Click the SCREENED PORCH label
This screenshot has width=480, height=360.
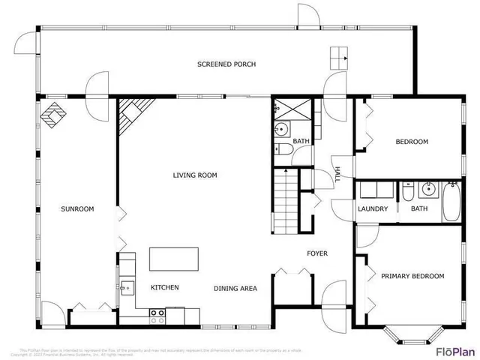coord(226,64)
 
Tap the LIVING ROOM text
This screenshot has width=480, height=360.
coord(195,175)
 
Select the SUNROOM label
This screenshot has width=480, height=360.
coord(77,208)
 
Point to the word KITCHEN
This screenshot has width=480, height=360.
coord(164,288)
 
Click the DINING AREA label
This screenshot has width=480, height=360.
coord(235,288)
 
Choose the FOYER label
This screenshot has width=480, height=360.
coord(317,253)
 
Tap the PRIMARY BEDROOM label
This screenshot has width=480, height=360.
coord(412,276)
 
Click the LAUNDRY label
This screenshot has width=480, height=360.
coord(373,208)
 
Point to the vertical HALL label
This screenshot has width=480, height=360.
coord(337,175)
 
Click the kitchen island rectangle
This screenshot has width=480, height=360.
coord(174,259)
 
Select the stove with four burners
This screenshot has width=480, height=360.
coord(157,316)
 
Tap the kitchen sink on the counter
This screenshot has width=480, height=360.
coord(125,286)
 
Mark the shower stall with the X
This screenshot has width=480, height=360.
coord(291,109)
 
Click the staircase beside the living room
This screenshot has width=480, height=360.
coord(285,200)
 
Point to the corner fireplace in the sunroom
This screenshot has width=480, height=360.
coord(54,114)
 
